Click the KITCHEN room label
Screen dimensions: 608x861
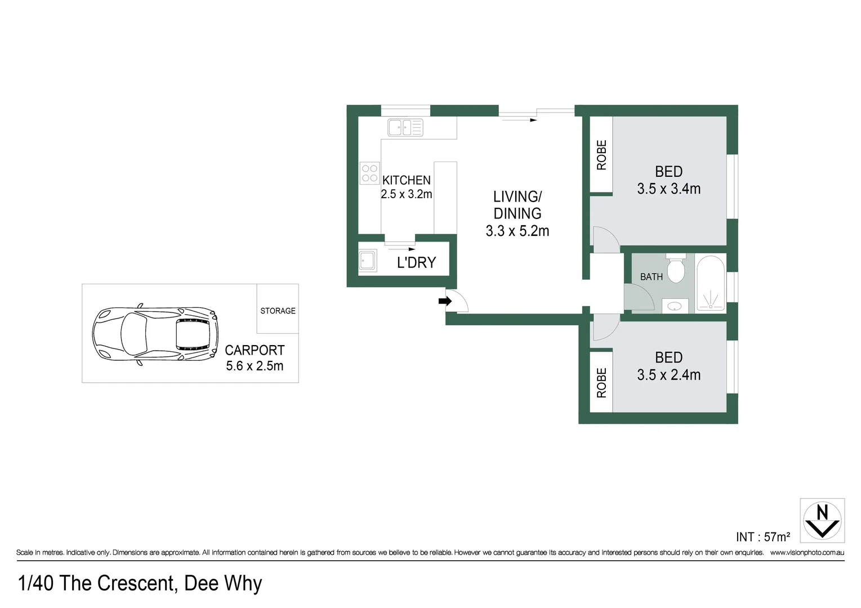point(406,180)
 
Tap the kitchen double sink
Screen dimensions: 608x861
point(405,127)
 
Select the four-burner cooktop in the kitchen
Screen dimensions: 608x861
point(369,173)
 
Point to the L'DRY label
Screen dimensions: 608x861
point(416,262)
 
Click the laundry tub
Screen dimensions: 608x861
point(368,261)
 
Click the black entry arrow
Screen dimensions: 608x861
point(445,301)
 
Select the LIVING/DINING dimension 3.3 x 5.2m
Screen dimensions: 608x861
point(517,231)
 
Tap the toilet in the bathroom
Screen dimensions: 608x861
point(675,269)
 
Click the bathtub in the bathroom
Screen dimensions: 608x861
point(711,283)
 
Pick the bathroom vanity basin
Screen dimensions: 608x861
point(674,306)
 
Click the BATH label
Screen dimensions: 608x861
point(651,277)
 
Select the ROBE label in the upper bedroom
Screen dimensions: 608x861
point(601,155)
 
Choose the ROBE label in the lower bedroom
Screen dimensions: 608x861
point(601,383)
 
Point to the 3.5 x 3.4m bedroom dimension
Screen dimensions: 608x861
point(668,189)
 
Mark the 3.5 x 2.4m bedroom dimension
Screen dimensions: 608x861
point(668,375)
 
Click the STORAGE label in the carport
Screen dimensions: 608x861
point(278,311)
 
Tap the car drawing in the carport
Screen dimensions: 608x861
point(155,336)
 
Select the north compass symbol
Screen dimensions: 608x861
point(822,520)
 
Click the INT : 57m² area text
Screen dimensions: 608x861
point(762,537)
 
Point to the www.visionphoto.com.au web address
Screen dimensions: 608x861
point(807,553)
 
